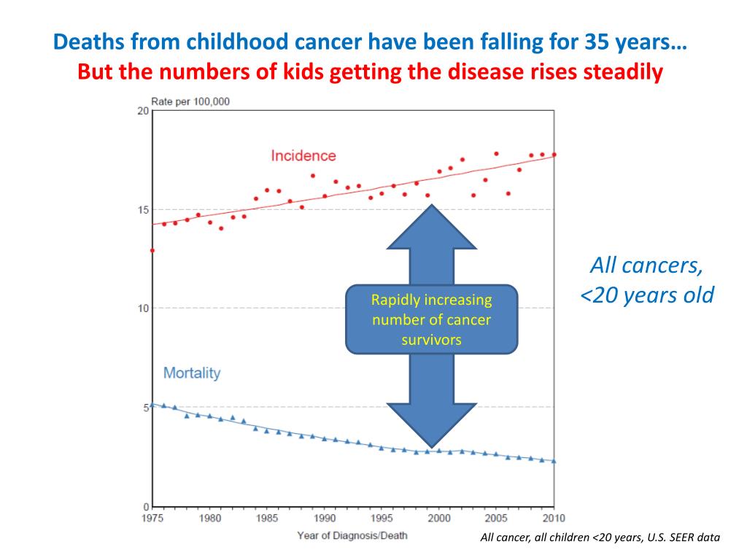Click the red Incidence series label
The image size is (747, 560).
[x=303, y=155]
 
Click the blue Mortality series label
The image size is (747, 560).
[x=192, y=373]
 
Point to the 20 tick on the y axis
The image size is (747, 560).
[x=143, y=111]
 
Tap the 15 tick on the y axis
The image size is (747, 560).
[x=143, y=210]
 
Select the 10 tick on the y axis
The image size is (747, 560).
[x=143, y=308]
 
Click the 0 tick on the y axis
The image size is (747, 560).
[x=146, y=506]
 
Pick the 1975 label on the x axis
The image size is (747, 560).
[x=152, y=518]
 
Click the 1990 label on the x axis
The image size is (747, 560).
[x=325, y=518]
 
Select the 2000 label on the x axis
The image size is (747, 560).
[x=439, y=518]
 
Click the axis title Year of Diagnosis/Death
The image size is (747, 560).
[x=352, y=536]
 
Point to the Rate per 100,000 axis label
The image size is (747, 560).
[x=190, y=101]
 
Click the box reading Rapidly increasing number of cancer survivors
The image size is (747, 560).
[x=431, y=319]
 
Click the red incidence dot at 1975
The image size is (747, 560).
[x=152, y=250]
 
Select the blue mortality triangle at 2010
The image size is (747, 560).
[x=554, y=461]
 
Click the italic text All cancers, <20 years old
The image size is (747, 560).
[x=646, y=281]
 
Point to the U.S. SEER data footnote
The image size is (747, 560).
[x=600, y=538]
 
